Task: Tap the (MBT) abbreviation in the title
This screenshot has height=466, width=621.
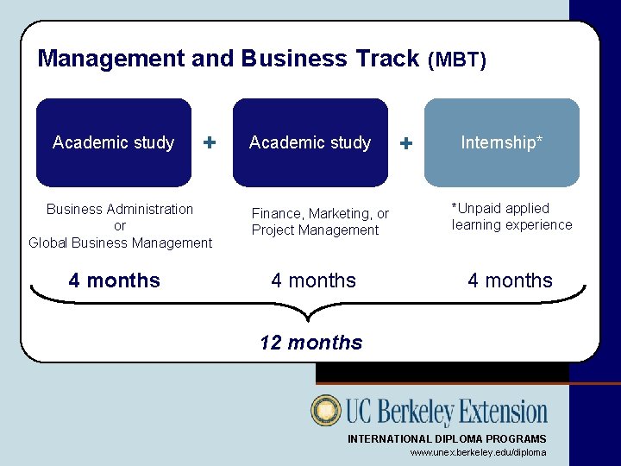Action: click(457, 60)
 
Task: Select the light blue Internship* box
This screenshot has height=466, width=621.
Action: click(501, 142)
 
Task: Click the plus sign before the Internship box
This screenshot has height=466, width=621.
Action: click(407, 142)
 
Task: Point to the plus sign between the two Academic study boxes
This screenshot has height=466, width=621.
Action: click(210, 142)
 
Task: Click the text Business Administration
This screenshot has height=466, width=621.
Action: click(120, 209)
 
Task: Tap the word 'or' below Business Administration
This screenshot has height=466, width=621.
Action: click(120, 226)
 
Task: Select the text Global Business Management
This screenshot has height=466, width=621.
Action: click(120, 243)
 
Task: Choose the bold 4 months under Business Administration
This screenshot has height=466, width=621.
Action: click(115, 280)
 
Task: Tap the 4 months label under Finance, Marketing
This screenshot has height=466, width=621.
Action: click(313, 280)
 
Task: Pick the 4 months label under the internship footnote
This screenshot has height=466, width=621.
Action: click(510, 280)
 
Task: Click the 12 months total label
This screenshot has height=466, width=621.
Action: click(311, 343)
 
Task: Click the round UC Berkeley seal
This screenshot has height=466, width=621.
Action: click(326, 411)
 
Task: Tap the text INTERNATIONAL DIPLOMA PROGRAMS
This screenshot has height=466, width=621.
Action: click(446, 439)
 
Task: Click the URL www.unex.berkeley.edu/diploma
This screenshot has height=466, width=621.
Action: click(478, 453)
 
